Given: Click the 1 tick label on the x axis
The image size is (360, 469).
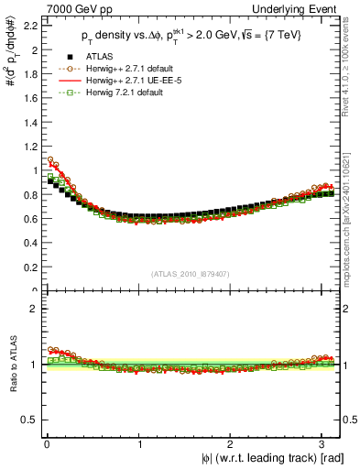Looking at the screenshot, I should [138, 444].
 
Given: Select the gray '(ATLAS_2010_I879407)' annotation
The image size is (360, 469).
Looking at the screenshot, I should [189, 271].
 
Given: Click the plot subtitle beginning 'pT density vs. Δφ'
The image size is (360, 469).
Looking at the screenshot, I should [190, 37].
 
